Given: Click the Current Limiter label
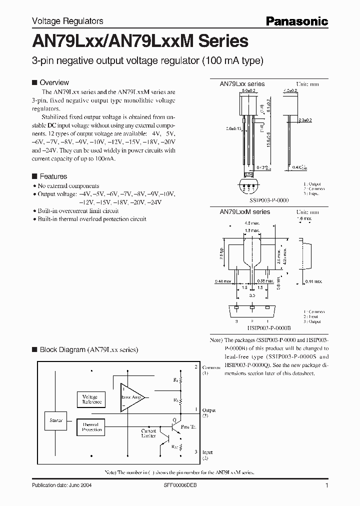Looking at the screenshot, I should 148,433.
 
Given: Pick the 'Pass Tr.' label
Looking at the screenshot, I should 188,426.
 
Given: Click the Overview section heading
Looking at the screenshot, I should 54,82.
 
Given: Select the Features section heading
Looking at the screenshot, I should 53,176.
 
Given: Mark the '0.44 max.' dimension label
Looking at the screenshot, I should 313,282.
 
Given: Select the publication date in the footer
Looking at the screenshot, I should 61,485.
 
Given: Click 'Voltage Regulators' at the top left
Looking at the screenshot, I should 67,21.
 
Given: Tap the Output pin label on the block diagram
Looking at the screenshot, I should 208,410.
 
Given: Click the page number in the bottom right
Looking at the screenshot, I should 326,485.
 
